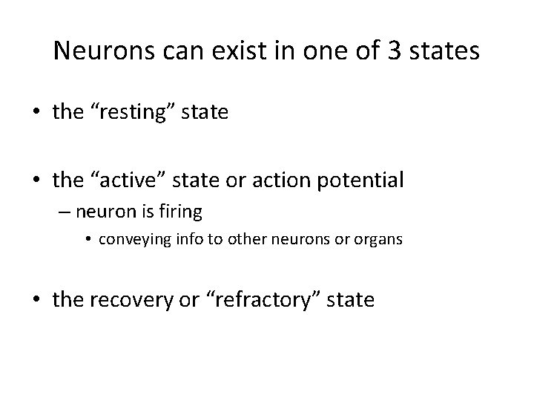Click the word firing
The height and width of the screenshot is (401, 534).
181,212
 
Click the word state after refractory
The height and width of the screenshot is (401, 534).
353,301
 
